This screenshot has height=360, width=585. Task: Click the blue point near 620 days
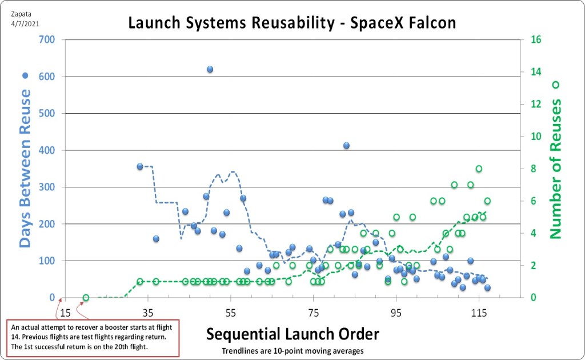[x=210, y=69]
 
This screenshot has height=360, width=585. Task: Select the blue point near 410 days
[x=346, y=146]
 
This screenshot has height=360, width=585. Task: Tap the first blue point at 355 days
[x=139, y=166]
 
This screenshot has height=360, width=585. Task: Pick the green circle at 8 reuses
[x=479, y=169]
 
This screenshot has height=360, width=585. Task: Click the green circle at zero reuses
[x=86, y=297]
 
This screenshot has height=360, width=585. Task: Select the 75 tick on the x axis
[x=314, y=313]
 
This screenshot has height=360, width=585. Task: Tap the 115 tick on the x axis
[x=479, y=313]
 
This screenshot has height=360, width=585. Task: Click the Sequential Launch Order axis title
[x=292, y=334]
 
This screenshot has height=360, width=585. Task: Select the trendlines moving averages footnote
[x=292, y=350]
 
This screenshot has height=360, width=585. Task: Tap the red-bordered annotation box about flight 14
[x=91, y=338]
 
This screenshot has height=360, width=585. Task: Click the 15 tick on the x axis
[x=66, y=313]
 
